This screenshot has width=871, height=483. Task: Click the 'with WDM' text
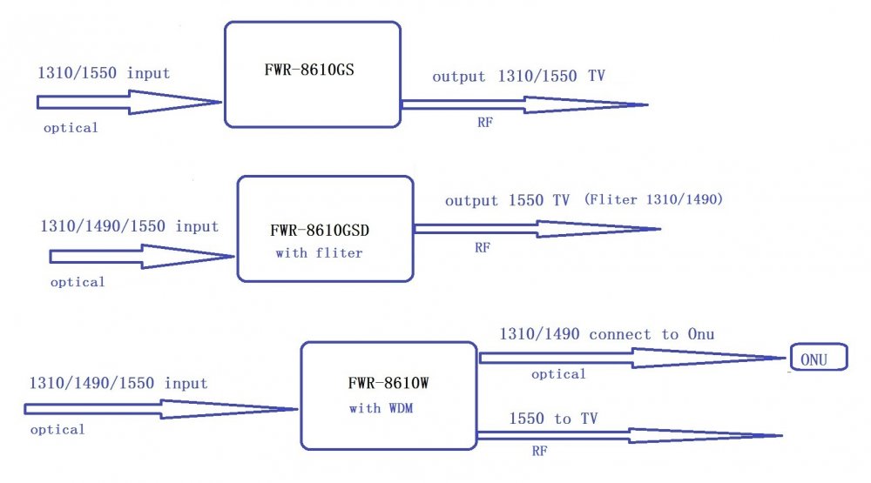pos(381,407)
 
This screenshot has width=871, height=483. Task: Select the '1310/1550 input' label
pos(104,74)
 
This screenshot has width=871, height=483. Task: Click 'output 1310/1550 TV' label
pos(518,77)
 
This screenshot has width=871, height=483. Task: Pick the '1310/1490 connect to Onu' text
pos(607,334)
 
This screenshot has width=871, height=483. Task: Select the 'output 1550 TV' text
pos(507,201)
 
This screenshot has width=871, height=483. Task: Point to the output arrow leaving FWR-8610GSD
pos(536,229)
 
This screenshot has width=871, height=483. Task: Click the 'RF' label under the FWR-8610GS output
pos(485,123)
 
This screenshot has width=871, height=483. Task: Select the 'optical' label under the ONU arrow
pos(558,374)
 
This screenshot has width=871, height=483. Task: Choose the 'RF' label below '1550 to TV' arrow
pos(539,452)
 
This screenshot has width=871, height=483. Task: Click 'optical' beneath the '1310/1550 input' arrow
pos(71,128)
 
